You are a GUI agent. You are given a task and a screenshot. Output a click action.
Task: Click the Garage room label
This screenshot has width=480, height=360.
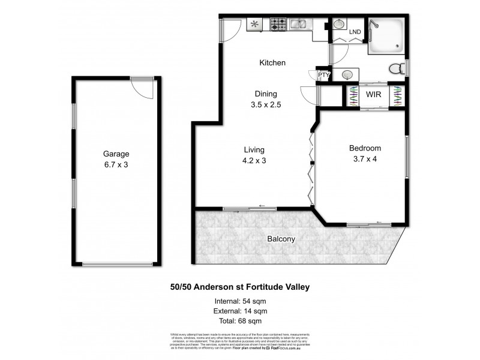tap(115, 154)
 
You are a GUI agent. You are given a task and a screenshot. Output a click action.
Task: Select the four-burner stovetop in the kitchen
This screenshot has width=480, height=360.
tap(278, 25)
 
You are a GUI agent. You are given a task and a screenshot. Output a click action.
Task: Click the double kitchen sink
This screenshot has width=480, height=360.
tap(299, 25)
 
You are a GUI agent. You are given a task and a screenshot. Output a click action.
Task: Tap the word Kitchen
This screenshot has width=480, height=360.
tap(272, 62)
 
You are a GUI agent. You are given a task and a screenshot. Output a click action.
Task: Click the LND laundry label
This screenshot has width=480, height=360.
tap(355, 32)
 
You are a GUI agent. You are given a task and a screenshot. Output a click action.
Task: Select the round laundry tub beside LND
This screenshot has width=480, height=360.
tap(338, 25)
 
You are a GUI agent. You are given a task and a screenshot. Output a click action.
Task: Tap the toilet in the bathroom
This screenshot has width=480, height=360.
tap(396, 69)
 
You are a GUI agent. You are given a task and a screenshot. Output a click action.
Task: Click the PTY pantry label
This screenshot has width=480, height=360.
tap(323, 75)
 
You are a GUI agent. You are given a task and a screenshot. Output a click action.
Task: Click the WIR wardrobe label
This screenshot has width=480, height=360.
tap(373, 94)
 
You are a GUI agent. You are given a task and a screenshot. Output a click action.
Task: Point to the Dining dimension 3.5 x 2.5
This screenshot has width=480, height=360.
tap(266, 104)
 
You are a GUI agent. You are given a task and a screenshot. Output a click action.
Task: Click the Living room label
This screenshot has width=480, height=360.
tap(254, 149)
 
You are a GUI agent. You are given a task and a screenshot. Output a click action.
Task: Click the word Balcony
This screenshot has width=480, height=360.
tap(281, 239)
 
